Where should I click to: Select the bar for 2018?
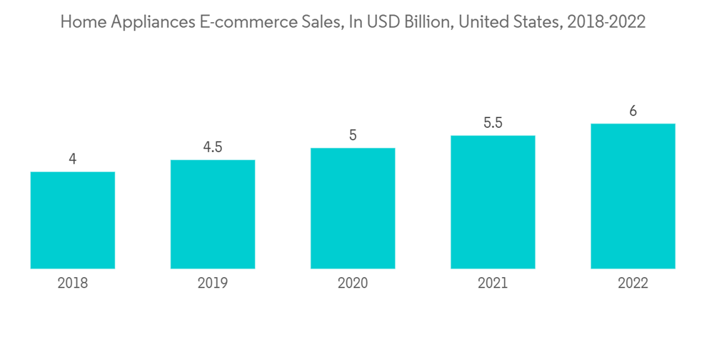point(73,220)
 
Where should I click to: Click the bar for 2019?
point(213,214)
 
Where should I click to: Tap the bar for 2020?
point(353,208)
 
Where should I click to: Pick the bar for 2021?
point(493,202)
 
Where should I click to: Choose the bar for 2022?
point(633,196)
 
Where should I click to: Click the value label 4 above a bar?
point(73,159)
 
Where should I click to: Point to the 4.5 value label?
point(213,147)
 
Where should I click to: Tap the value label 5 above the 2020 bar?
point(353,135)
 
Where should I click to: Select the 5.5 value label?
point(493,123)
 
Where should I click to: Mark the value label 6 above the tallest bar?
point(633,111)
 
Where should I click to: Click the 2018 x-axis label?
point(73,284)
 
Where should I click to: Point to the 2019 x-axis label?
point(213,284)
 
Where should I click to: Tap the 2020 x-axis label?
point(353,284)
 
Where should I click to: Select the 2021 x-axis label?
point(493,284)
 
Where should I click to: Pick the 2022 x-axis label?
point(633,284)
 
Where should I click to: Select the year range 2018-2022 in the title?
point(605,22)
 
